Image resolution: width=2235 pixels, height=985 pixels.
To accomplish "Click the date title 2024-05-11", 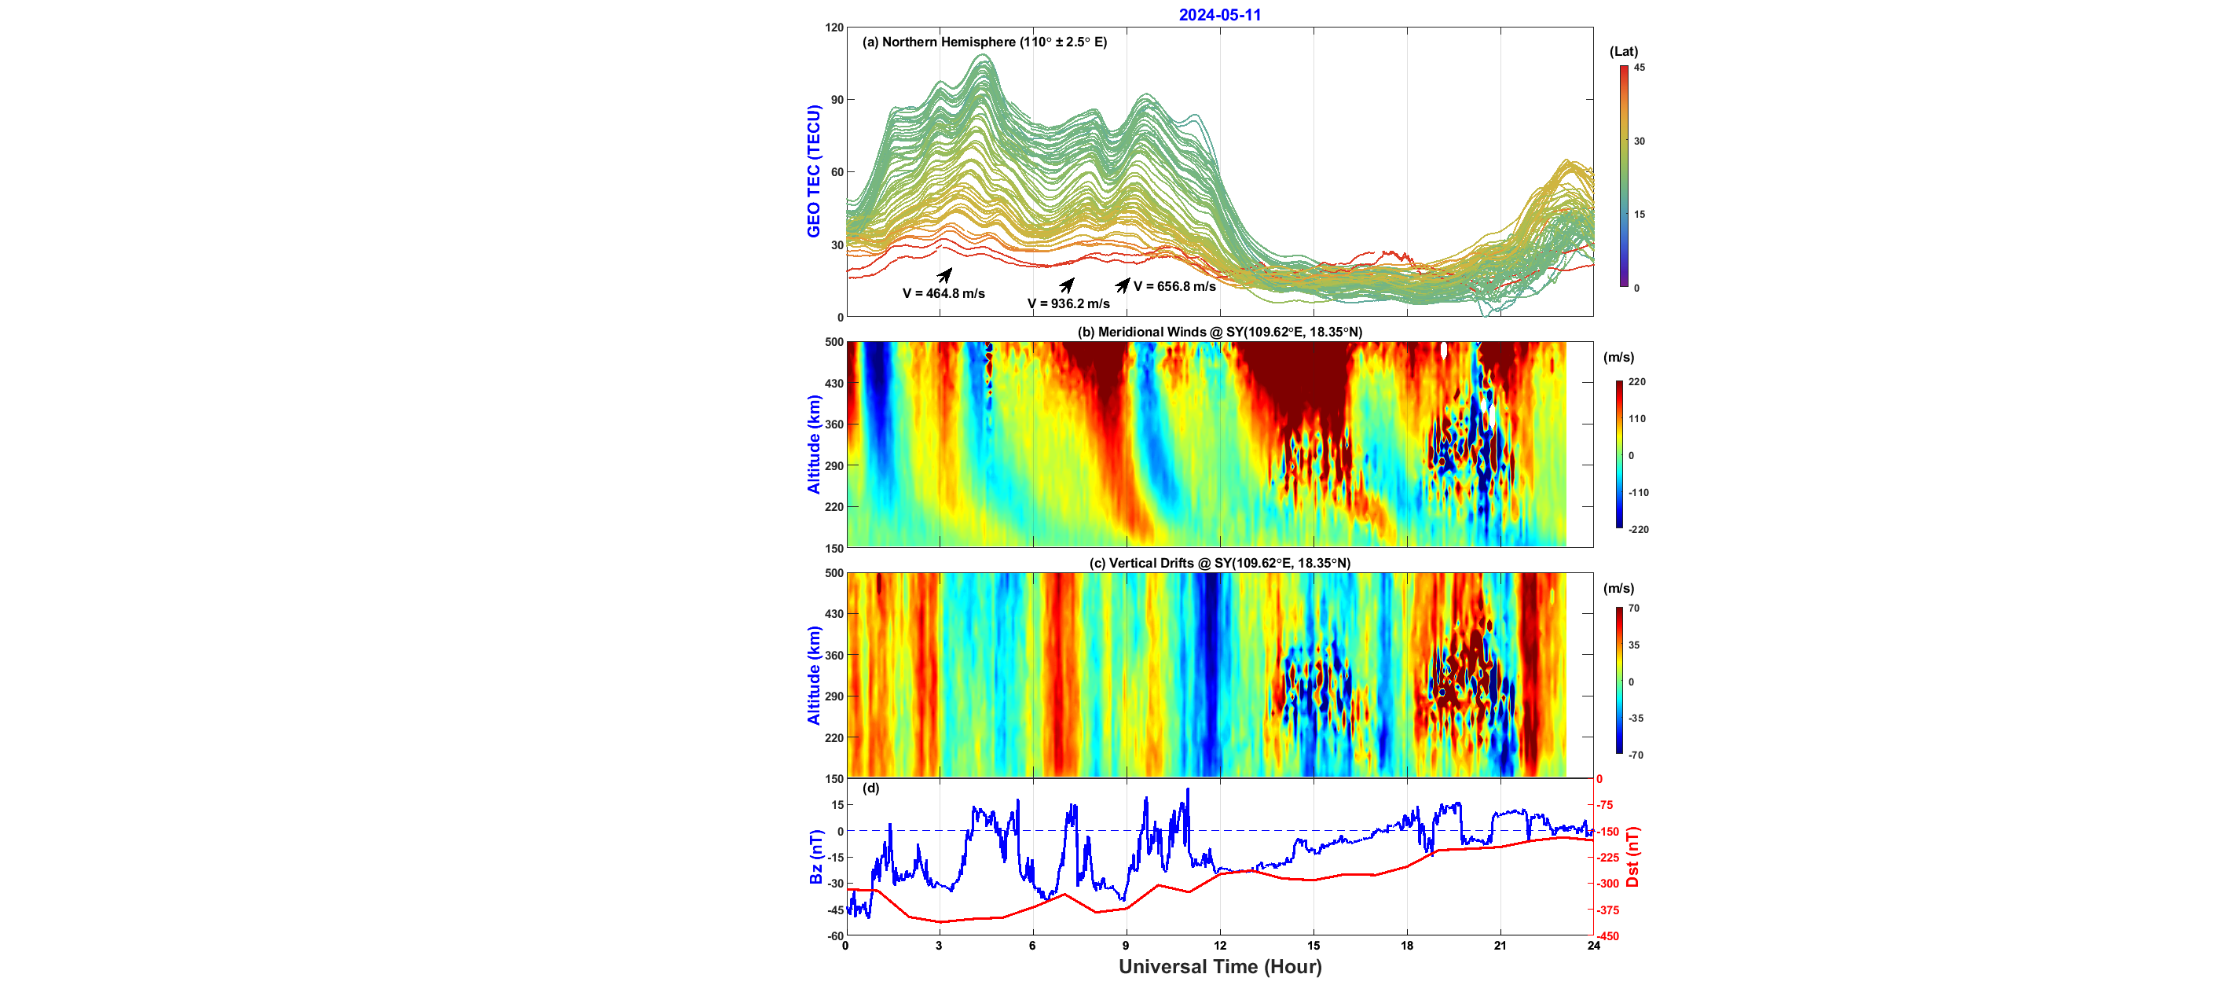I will pyautogui.click(x=1219, y=15).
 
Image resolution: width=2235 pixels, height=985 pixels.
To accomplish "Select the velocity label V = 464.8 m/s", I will pyautogui.click(x=943, y=293).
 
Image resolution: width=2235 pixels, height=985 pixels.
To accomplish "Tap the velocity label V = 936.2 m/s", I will pyautogui.click(x=1068, y=303).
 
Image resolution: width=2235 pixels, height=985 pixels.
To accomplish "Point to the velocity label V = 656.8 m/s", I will pyautogui.click(x=1174, y=286).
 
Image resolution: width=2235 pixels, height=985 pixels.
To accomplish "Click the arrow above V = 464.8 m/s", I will pyautogui.click(x=945, y=275).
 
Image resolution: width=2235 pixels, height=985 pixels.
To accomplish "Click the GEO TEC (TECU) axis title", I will pyautogui.click(x=813, y=171).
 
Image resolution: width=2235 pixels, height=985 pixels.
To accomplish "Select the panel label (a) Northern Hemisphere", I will pyautogui.click(x=984, y=42).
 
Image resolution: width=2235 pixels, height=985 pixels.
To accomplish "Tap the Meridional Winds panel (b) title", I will pyautogui.click(x=1219, y=332).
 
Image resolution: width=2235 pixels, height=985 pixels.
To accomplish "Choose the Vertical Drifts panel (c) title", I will pyautogui.click(x=1219, y=562).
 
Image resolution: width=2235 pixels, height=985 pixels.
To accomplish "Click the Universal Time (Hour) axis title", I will pyautogui.click(x=1219, y=967).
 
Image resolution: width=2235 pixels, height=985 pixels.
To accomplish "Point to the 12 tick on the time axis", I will pyautogui.click(x=1220, y=946).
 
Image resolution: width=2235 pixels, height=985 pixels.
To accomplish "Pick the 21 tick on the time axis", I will pyautogui.click(x=1500, y=946).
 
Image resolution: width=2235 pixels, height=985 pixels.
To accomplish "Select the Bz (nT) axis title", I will pyautogui.click(x=815, y=857).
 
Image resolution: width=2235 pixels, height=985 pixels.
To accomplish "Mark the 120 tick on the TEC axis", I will pyautogui.click(x=834, y=28).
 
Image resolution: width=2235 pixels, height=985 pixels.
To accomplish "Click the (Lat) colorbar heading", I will pyautogui.click(x=1623, y=51).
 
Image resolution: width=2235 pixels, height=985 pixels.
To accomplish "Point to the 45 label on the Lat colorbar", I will pyautogui.click(x=1639, y=68).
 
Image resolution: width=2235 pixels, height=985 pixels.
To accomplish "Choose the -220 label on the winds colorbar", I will pyautogui.click(x=1638, y=529).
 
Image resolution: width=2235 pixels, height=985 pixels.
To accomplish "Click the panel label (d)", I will pyautogui.click(x=870, y=788).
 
